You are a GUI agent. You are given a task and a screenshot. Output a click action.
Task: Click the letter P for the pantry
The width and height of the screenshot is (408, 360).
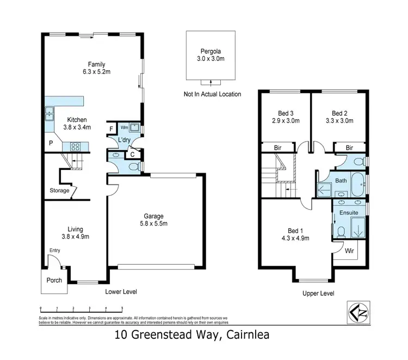click(50, 143)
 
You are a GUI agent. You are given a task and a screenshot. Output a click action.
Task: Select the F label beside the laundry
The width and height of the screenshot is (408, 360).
click(112, 129)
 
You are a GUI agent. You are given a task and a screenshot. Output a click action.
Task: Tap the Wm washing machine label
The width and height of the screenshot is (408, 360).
click(123, 127)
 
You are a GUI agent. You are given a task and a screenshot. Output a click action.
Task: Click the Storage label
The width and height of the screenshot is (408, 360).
click(59, 191)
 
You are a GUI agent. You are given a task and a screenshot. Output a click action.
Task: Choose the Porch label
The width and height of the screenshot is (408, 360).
click(54, 281)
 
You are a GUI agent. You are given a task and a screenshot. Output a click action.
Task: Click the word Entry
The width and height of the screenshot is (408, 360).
click(55, 251)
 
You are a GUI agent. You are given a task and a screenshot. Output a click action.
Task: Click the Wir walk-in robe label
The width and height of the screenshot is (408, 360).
click(349, 251)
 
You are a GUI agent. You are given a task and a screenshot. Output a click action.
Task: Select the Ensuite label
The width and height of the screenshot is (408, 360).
click(349, 212)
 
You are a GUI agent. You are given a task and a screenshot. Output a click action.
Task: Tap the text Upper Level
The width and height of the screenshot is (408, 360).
click(318, 294)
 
